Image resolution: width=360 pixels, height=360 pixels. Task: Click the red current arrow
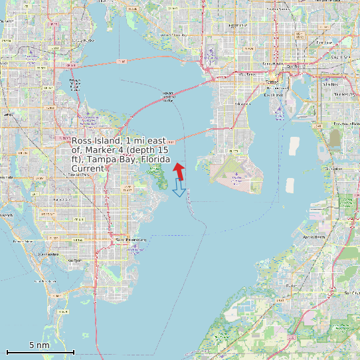(x=179, y=171)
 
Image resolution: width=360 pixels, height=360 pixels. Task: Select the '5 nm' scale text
(x=39, y=345)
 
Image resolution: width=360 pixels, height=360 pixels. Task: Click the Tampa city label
(x=272, y=82)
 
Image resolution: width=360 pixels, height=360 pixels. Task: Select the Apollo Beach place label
(x=314, y=236)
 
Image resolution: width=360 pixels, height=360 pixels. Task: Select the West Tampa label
(x=246, y=74)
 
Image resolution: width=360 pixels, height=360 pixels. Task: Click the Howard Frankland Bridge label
(x=168, y=98)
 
